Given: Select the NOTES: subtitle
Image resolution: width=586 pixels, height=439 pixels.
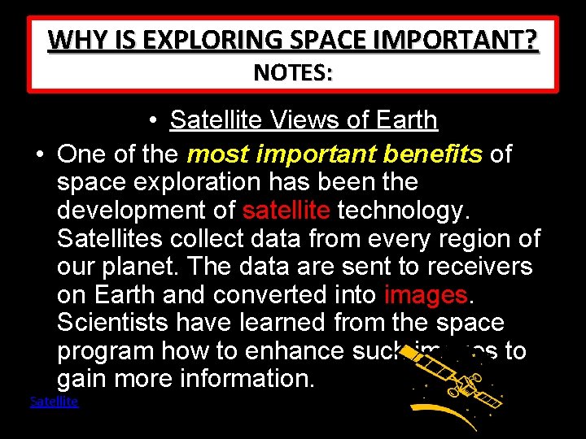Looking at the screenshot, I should click(293, 73).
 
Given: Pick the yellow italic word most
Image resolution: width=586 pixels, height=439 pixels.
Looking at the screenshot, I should click(216, 154).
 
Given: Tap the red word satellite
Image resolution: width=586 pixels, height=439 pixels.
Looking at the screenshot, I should click(286, 211).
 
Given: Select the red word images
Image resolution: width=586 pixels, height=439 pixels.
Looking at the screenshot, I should click(426, 294).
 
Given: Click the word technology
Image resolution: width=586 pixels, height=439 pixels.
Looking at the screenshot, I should click(403, 211).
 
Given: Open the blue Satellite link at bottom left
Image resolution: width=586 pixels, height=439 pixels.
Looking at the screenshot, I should click(54, 402).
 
